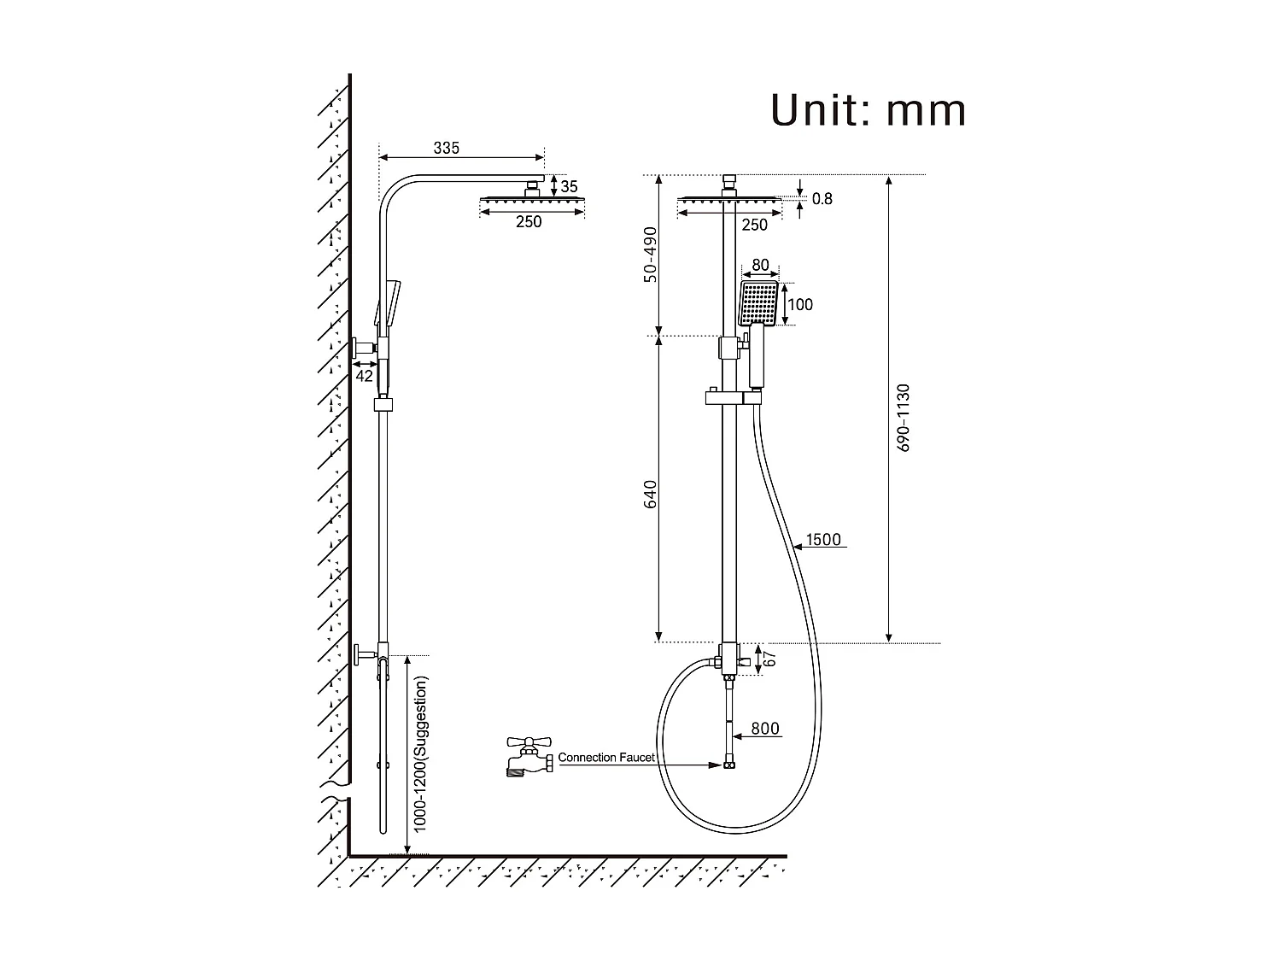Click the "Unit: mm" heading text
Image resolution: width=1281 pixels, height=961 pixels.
pyautogui.click(x=869, y=111)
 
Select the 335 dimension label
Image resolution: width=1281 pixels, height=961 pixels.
pyautogui.click(x=446, y=148)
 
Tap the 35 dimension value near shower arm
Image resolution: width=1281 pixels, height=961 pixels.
pyautogui.click(x=570, y=186)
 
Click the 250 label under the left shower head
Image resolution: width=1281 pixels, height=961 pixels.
pyautogui.click(x=529, y=222)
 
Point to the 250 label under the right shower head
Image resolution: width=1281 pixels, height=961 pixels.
pyautogui.click(x=754, y=225)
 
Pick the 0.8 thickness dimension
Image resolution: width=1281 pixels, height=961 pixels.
pyautogui.click(x=822, y=199)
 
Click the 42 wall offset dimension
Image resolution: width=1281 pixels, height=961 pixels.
pyautogui.click(x=365, y=376)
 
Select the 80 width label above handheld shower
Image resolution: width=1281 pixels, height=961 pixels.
pyautogui.click(x=760, y=266)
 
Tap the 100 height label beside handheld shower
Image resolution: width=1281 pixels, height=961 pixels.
pyautogui.click(x=800, y=305)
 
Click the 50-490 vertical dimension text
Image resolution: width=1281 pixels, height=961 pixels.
pyautogui.click(x=650, y=255)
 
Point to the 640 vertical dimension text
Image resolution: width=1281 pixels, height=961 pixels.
pyautogui.click(x=650, y=495)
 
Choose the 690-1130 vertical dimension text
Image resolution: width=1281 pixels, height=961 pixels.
pyautogui.click(x=904, y=418)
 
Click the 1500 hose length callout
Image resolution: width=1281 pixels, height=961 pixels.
pyautogui.click(x=823, y=540)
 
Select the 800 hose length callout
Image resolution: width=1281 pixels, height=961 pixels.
pyautogui.click(x=765, y=729)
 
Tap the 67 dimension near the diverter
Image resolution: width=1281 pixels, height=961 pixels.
pyautogui.click(x=769, y=659)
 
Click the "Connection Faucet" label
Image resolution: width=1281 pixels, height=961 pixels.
pyautogui.click(x=606, y=758)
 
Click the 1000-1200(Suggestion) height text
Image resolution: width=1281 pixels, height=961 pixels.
pyautogui.click(x=420, y=754)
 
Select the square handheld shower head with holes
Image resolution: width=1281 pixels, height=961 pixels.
pyautogui.click(x=759, y=303)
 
